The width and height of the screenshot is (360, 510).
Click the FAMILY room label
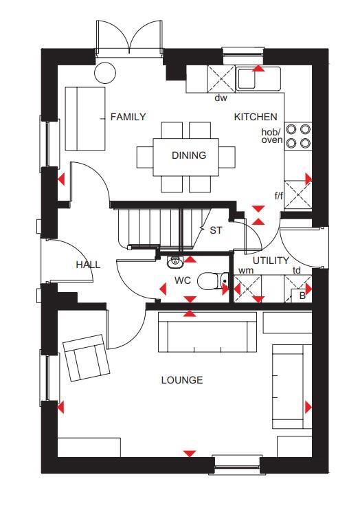128,117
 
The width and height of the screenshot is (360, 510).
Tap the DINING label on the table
189,155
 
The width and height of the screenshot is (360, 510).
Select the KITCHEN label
256,117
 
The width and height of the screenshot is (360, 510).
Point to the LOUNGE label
182,380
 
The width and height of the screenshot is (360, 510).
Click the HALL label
88,265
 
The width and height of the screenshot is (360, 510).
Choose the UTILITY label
270,260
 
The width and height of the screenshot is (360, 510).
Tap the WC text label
183,280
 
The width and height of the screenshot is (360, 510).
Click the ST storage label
216,230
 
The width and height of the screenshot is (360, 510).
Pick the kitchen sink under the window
258,78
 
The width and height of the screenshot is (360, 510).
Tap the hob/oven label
271,135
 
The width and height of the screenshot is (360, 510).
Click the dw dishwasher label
221,98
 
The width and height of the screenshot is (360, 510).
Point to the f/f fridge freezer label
279,196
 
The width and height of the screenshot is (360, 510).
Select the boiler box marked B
302,296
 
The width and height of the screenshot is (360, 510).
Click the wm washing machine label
245,271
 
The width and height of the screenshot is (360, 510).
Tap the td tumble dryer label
297,271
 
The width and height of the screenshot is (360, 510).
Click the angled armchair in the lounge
87,357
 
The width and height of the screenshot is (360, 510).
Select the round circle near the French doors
105,71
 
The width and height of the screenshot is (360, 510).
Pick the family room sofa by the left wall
85,118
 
